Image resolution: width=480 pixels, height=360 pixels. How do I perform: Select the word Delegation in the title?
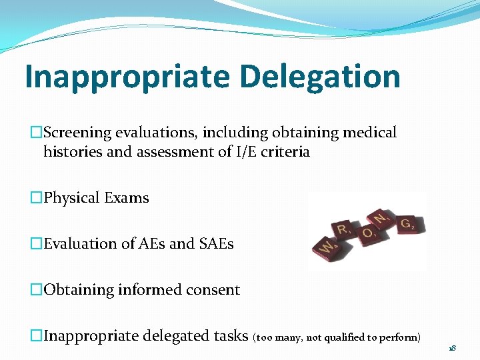[x=320, y=77]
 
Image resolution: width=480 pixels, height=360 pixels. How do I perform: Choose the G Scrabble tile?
[x=406, y=224]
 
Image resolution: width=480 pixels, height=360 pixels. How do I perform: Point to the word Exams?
[x=127, y=198]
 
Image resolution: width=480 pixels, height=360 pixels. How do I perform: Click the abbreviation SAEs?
[x=216, y=244]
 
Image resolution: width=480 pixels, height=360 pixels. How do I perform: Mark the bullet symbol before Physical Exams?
[x=36, y=198]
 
